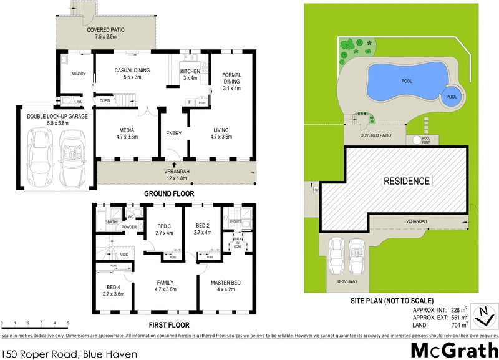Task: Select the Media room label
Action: (x=127, y=130)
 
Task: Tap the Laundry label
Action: (x=77, y=74)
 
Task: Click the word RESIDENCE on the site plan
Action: (x=406, y=181)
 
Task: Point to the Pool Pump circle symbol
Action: (x=416, y=140)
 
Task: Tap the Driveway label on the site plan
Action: (x=347, y=281)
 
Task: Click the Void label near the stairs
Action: (x=125, y=255)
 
